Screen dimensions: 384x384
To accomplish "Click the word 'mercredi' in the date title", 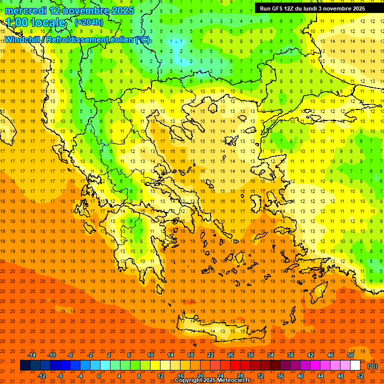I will tap(26, 10).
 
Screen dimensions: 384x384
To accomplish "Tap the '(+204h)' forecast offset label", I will tap(89, 22).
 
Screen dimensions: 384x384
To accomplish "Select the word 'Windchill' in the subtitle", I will tap(23, 39).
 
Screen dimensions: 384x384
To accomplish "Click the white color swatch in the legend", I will tap(355, 365).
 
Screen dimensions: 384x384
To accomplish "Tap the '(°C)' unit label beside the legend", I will tap(372, 366).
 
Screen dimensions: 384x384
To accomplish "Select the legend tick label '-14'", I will tap(31, 355).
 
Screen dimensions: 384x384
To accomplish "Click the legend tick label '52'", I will tap(360, 376).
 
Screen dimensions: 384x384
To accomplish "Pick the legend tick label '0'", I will tap(98, 376).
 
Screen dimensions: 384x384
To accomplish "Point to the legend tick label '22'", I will tap(210, 355).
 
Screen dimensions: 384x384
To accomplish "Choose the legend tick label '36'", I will tap(280, 376).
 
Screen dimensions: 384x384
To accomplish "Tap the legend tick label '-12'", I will tap(41, 376).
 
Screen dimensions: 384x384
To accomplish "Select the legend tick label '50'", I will tap(350, 355).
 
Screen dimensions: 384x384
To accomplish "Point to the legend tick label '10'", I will tap(150, 355).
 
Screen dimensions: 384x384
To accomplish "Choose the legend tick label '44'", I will tap(320, 376).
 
